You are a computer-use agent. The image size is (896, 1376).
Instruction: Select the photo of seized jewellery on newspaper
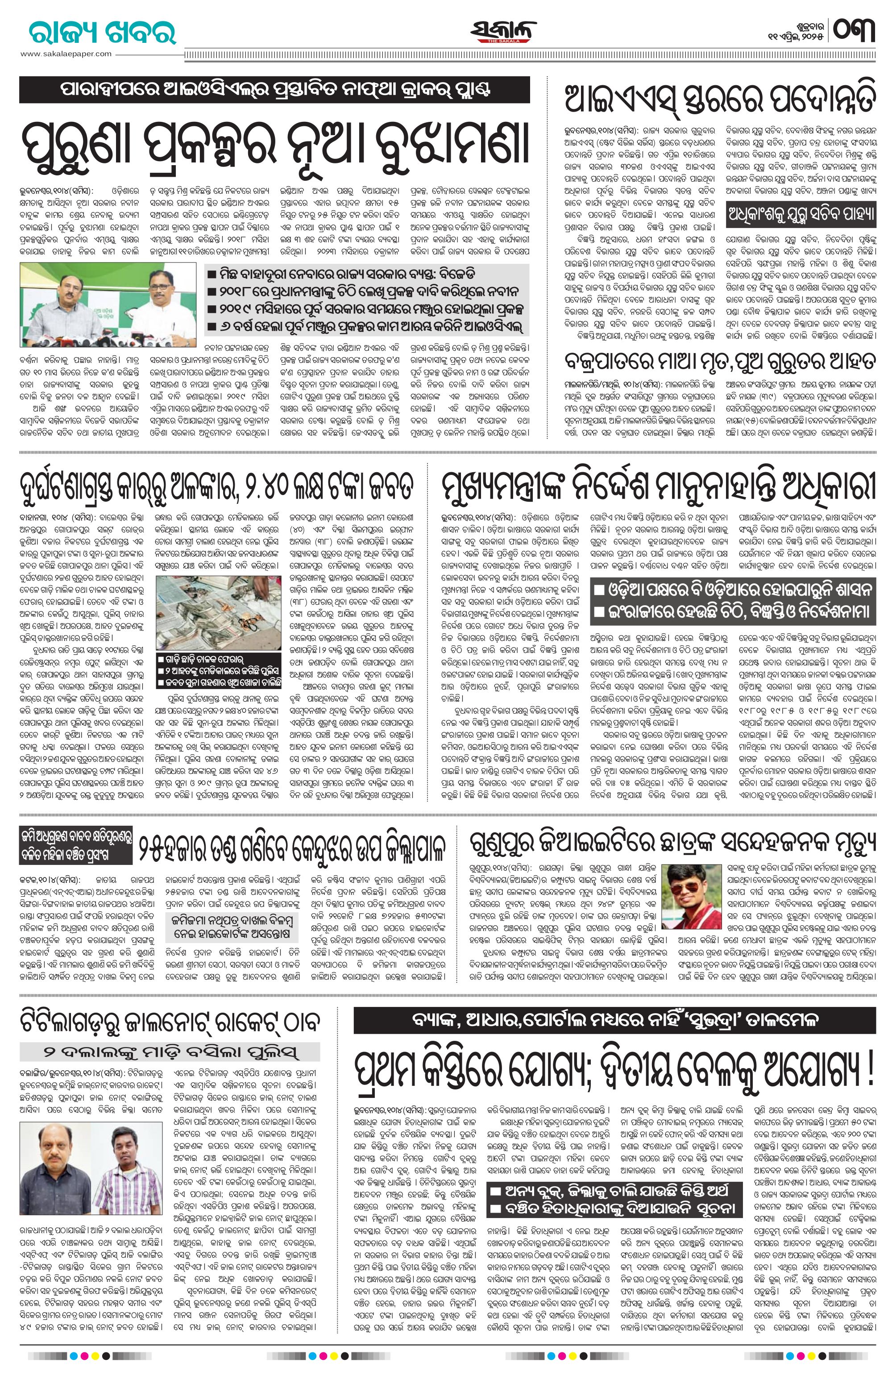click(219, 613)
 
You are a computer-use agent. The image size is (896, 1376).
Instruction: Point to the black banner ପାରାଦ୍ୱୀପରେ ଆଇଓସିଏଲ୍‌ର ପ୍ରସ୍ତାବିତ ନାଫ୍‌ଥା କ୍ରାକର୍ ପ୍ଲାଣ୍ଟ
click(274, 90)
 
